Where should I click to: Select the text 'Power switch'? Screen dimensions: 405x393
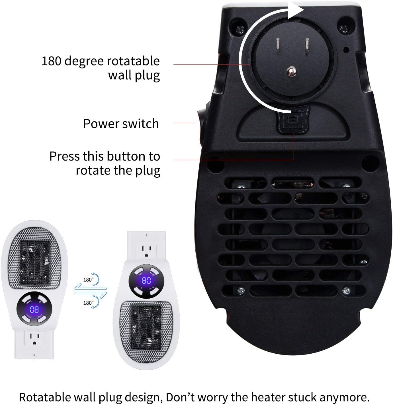(x=121, y=124)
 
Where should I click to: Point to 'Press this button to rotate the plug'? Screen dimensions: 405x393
(x=105, y=163)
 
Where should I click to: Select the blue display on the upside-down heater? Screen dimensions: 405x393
(x=34, y=310)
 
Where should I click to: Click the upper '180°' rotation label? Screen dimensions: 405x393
(x=88, y=280)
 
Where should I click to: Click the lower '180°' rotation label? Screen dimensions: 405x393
(x=88, y=303)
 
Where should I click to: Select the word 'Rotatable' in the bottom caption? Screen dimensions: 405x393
(x=48, y=397)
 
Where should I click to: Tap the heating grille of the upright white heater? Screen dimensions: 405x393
(x=146, y=327)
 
